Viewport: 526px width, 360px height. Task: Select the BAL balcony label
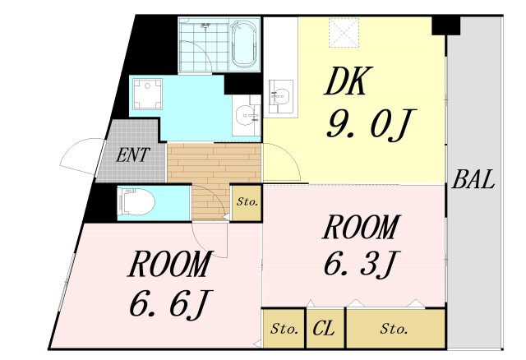[474, 180]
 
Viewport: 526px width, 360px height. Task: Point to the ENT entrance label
[131, 155]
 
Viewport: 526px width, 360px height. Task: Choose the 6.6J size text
[166, 304]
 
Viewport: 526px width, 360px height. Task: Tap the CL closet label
[325, 330]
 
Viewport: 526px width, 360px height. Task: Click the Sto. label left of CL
[284, 330]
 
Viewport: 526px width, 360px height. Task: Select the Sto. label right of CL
[394, 330]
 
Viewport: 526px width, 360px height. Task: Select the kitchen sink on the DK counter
[280, 95]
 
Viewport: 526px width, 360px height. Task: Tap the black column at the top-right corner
[446, 25]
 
